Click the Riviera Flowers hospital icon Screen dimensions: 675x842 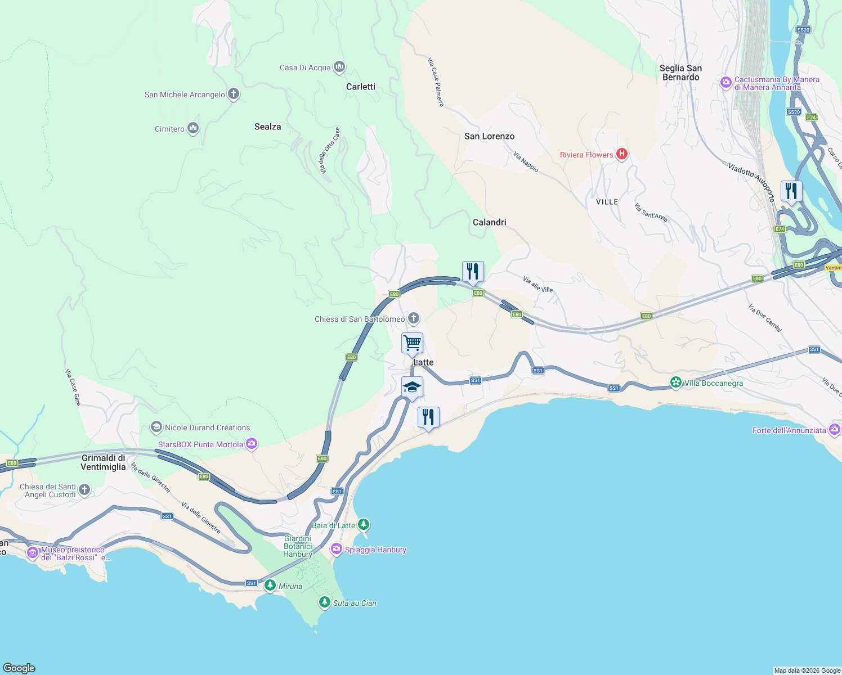[622, 154]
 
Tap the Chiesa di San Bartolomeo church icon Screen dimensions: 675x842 [414, 319]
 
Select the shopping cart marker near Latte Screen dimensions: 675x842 [412, 343]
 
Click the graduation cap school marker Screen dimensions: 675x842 [412, 388]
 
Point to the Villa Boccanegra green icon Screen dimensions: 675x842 [675, 383]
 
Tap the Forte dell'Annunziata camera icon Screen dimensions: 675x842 [835, 430]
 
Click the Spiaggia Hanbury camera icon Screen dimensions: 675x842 [337, 550]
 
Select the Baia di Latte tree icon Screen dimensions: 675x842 [364, 525]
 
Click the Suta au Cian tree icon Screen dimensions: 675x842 [324, 602]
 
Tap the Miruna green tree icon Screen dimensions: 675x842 [270, 586]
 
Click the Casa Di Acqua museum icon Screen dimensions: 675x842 [339, 67]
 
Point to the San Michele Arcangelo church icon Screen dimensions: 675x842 [234, 94]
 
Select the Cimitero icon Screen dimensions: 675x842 [193, 129]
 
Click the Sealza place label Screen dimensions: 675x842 [267, 127]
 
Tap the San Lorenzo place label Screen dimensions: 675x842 [489, 136]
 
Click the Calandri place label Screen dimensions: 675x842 [489, 222]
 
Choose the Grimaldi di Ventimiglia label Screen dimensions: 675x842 [103, 462]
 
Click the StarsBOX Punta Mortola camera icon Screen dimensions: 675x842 [252, 444]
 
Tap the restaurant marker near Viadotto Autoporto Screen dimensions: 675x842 [791, 191]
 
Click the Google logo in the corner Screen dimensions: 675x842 [19, 668]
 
